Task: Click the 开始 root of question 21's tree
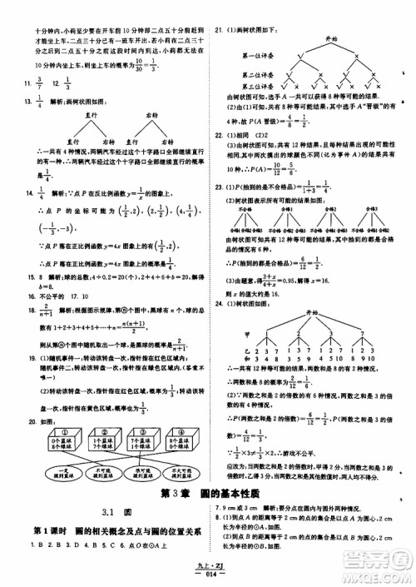click(331, 38)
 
